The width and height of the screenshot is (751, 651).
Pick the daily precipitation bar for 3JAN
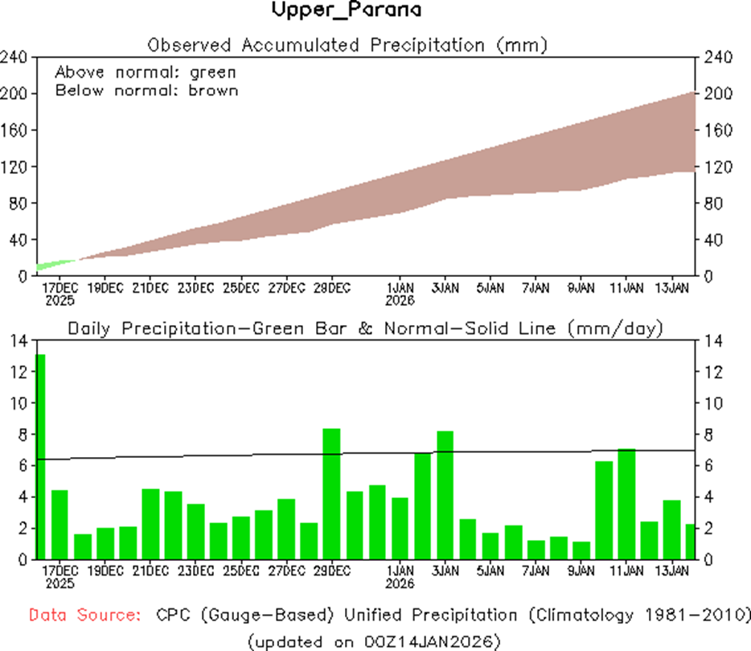point(445,495)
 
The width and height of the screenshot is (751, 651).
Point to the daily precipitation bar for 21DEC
point(150,524)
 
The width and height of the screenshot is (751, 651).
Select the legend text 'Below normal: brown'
point(146,90)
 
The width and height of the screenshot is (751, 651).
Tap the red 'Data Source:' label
point(84,616)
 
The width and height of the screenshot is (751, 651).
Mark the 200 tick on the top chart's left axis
point(16,94)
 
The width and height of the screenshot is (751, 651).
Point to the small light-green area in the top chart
point(51,264)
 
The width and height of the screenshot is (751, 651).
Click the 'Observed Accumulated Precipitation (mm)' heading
point(348,45)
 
